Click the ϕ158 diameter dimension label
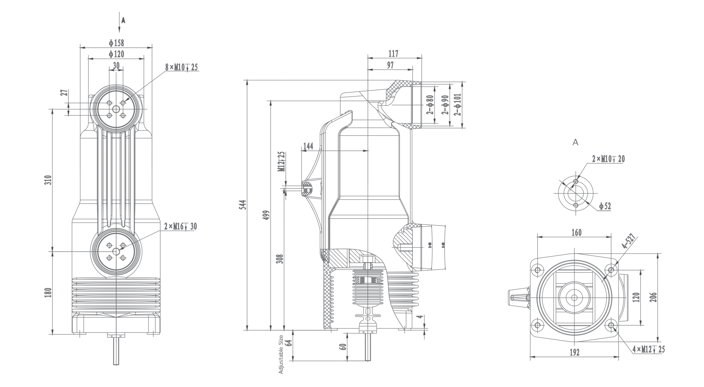pos(116,43)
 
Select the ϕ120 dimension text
pos(116,54)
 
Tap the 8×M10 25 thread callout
pos(181,67)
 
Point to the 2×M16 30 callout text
pos(180,226)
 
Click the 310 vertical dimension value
pos(48,180)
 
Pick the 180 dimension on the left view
pos(48,292)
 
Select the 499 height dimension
pos(267,215)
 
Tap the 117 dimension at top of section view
pos(394,54)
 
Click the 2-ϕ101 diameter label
pos(458,105)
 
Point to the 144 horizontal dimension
pos(308,146)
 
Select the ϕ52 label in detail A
pos(605,206)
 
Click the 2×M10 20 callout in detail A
pos(608,159)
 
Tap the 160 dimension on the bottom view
pos(576,233)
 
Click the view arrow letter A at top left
pos(123,21)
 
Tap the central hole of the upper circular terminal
pos(116,109)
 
